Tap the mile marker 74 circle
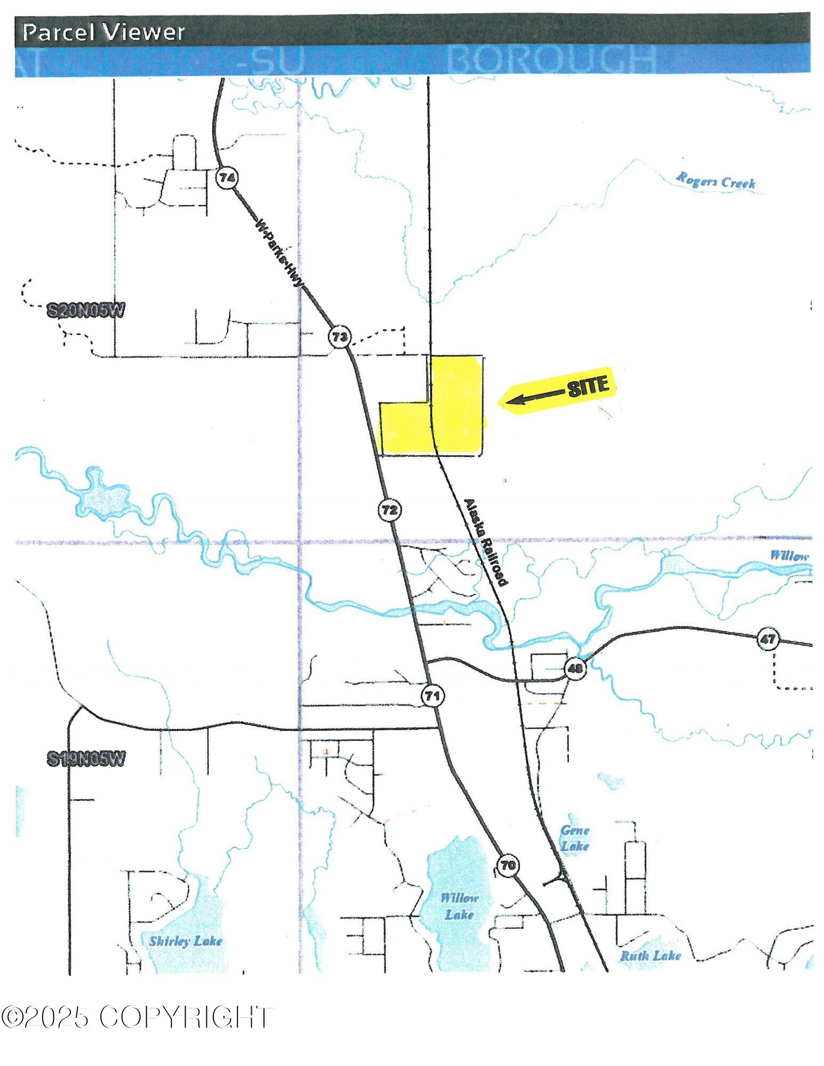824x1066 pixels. tap(227, 178)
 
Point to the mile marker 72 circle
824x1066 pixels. tap(389, 510)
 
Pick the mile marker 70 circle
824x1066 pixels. tap(508, 865)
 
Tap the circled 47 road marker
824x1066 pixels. tap(767, 639)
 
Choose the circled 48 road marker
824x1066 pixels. tap(575, 668)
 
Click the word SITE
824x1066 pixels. tap(588, 386)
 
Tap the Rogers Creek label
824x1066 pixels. tap(716, 180)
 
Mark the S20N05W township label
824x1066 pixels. tap(85, 311)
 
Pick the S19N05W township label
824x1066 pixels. tap(85, 759)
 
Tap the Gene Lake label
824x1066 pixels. tap(574, 838)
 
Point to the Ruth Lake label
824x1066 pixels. tap(650, 955)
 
